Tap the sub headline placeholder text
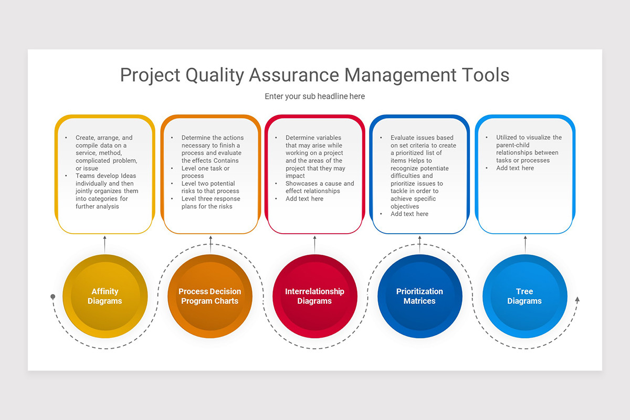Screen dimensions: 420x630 pos(314,97)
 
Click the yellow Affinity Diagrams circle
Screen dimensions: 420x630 pos(105,296)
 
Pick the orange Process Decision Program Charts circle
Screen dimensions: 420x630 pos(210,296)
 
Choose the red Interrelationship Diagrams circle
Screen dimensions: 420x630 pos(315,296)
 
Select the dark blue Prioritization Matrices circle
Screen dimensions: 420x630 pos(420,296)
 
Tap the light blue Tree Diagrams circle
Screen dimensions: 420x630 pos(525,296)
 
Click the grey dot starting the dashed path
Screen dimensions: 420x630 pos(52,297)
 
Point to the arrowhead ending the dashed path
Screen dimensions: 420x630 pos(577,299)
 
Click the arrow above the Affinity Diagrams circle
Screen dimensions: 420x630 pos(105,244)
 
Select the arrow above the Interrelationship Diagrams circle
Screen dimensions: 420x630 pos(315,244)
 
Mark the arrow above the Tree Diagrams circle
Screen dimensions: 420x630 pos(525,244)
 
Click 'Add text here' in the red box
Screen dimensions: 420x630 pos(304,199)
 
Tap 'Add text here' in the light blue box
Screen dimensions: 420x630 pos(515,168)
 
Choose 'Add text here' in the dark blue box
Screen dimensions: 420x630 pos(409,214)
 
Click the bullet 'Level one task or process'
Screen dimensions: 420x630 pos(205,172)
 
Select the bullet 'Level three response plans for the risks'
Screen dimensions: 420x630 pos(211,203)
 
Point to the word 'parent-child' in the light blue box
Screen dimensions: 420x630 pos(513,145)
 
